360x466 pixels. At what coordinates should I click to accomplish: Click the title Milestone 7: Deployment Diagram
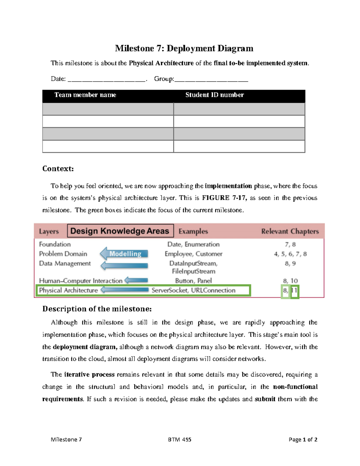click(x=184, y=48)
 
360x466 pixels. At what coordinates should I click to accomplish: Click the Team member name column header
click(x=85, y=95)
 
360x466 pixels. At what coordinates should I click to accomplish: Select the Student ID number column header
click(x=214, y=95)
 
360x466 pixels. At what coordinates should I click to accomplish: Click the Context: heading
click(x=58, y=169)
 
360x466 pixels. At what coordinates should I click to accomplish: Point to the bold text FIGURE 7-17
click(x=224, y=198)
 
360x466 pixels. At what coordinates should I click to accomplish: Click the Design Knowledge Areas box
click(x=120, y=231)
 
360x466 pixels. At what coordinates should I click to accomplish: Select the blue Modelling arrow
click(x=124, y=254)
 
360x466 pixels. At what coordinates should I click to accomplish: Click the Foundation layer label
click(x=55, y=244)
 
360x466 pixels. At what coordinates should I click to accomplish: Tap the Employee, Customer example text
click(x=193, y=254)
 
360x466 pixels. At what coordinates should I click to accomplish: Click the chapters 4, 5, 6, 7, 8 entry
click(x=290, y=254)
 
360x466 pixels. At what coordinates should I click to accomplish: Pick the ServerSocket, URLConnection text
click(x=193, y=290)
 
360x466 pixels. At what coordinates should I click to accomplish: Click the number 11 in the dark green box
click(x=295, y=290)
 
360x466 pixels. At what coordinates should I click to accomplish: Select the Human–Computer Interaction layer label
click(x=81, y=281)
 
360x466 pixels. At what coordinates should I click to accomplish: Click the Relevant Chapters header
click(x=290, y=231)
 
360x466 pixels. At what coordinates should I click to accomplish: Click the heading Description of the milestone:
click(x=97, y=309)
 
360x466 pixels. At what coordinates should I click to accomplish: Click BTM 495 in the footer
click(x=179, y=440)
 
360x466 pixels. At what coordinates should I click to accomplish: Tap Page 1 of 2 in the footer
click(x=303, y=440)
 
